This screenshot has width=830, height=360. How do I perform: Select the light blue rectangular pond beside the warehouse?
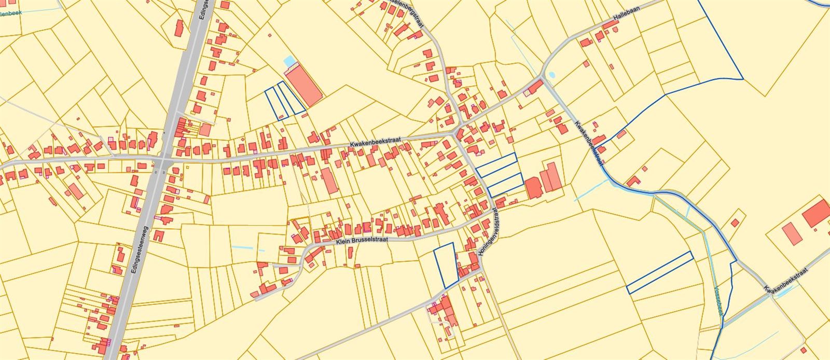[x=288, y=61]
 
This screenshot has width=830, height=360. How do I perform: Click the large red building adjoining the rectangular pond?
[x=305, y=86]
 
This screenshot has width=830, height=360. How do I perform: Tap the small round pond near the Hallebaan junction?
[x=550, y=75]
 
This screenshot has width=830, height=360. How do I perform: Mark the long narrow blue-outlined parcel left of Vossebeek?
[x=660, y=272]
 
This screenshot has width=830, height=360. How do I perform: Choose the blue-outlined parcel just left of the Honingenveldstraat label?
[x=446, y=265]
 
